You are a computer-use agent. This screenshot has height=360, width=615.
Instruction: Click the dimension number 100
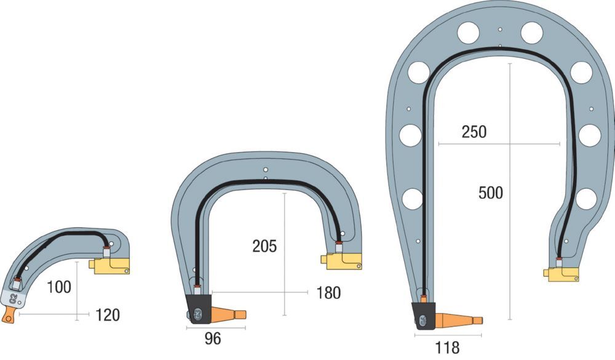tap(59, 287)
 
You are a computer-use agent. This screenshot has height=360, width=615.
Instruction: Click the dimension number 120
tap(108, 315)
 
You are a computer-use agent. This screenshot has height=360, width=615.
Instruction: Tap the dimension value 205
tap(264, 246)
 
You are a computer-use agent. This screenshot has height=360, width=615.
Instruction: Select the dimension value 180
tap(328, 293)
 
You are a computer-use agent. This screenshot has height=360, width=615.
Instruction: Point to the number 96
tap(213, 338)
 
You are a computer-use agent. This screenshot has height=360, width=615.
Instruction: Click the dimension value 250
tap(474, 132)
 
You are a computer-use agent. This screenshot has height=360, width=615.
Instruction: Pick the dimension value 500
tap(491, 193)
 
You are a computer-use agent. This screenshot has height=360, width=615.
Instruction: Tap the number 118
tap(447, 347)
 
